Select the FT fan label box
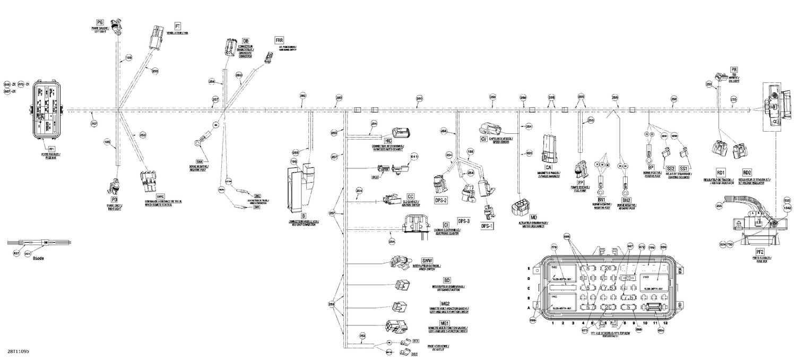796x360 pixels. point(178,25)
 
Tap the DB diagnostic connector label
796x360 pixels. point(246,41)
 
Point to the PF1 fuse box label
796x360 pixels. point(52,149)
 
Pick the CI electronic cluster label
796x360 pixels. point(446,225)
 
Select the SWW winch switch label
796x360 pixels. point(427,260)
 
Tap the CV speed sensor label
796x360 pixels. point(483,139)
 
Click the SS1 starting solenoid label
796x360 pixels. point(683,168)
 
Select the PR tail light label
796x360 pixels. point(734,70)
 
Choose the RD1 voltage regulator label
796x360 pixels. point(721,173)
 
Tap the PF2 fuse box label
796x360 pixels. point(760,252)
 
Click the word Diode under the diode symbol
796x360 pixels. point(38,258)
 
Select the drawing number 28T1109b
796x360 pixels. point(19,352)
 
